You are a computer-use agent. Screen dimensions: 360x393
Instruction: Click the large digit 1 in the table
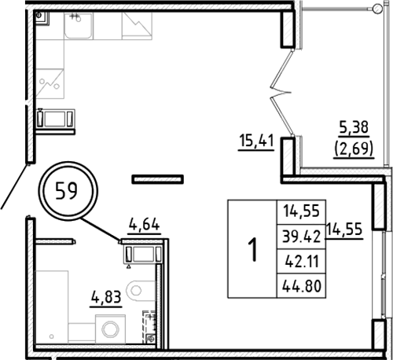(252, 249)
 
